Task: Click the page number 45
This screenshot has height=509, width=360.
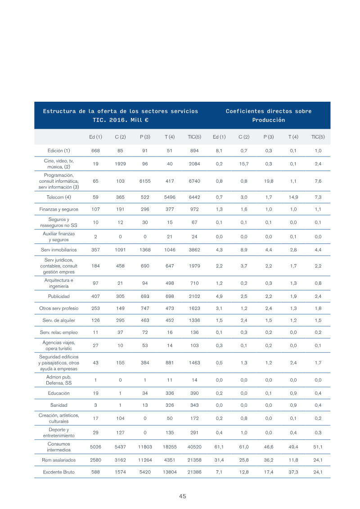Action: click(182, 496)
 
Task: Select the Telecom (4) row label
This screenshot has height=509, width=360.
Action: click(59, 197)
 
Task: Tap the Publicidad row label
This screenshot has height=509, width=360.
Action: click(59, 296)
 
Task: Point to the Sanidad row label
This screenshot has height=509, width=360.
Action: click(59, 405)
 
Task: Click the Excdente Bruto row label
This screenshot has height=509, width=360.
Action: click(59, 472)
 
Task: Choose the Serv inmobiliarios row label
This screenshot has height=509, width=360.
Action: click(59, 250)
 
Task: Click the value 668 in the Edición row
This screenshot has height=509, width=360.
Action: click(95, 151)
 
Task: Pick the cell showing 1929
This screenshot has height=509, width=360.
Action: click(120, 164)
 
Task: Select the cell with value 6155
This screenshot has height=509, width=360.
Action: click(145, 181)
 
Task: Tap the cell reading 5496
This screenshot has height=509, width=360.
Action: click(170, 197)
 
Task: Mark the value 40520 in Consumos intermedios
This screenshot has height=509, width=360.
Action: click(194, 447)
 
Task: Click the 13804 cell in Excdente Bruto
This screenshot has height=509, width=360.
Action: click(170, 472)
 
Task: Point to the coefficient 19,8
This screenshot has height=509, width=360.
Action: click(269, 181)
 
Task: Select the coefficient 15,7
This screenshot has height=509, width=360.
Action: click(244, 164)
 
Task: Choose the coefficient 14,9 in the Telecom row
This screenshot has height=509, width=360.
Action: click(293, 197)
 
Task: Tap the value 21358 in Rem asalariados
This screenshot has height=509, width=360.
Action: click(194, 460)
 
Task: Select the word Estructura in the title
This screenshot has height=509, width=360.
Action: click(59, 111)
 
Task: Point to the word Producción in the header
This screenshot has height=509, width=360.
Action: click(269, 120)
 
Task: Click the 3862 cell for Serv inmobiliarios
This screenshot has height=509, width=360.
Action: click(194, 250)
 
